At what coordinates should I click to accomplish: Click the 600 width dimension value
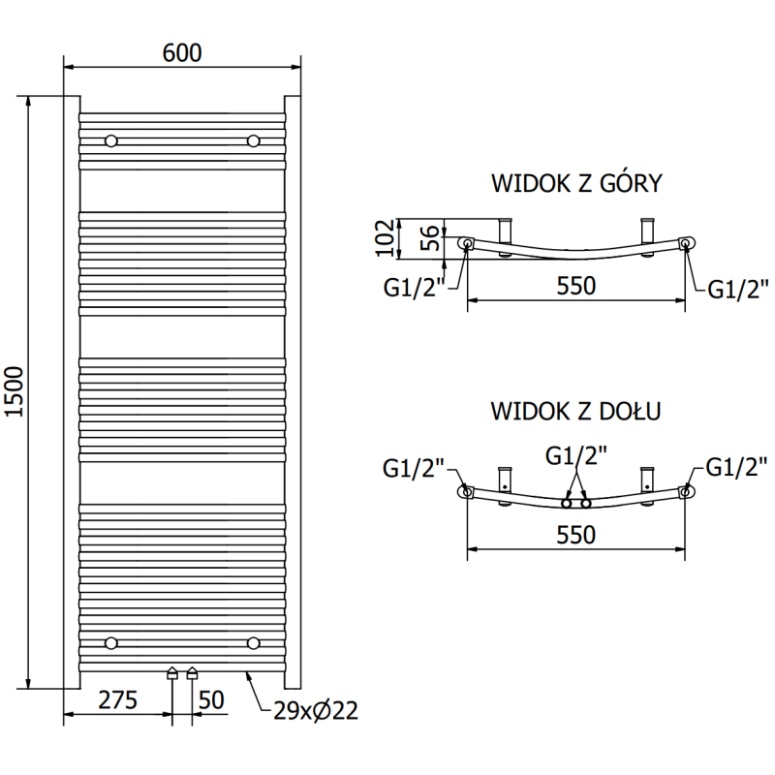(182, 53)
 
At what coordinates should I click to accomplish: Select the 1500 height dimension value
(14, 391)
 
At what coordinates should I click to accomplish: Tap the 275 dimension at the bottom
(116, 698)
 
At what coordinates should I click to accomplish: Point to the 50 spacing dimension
(212, 698)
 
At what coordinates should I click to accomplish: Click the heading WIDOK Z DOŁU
(575, 411)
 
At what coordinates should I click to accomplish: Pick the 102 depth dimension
(385, 237)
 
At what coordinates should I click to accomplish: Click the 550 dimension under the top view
(575, 286)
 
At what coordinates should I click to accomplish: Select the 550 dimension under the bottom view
(575, 534)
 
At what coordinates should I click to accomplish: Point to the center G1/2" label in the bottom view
(575, 454)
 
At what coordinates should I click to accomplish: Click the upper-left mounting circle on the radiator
(111, 141)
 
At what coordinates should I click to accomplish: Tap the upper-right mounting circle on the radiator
(254, 141)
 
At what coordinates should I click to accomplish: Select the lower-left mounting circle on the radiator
(111, 642)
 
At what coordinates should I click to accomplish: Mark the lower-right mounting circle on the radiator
(254, 642)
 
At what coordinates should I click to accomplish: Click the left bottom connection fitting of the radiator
(172, 672)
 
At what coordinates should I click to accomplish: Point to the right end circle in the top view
(686, 243)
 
